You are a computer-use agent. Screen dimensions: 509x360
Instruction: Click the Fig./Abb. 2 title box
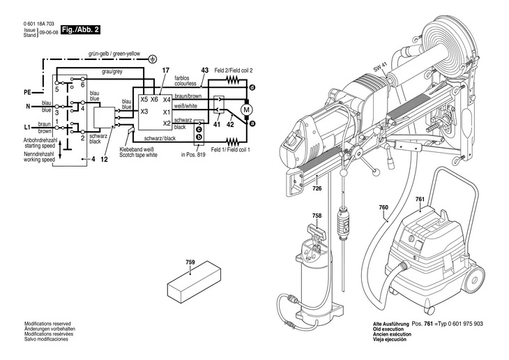[80, 29]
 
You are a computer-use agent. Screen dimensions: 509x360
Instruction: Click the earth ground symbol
[153, 59]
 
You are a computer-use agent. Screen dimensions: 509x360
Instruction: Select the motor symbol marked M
[246, 110]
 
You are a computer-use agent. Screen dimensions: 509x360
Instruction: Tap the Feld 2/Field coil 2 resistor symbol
[232, 80]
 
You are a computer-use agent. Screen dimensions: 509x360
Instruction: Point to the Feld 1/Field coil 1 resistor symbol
[232, 142]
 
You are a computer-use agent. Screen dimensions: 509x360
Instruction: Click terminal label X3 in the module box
[144, 112]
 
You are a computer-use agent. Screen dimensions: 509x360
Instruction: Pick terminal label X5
[144, 99]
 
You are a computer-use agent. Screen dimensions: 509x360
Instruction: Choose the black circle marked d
[252, 87]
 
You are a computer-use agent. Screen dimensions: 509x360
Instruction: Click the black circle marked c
[199, 129]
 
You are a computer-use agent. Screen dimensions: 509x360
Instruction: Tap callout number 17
[165, 70]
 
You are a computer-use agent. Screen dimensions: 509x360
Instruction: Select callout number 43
[204, 70]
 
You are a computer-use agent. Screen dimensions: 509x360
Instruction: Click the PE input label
[27, 93]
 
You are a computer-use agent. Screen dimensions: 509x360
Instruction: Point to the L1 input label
[27, 128]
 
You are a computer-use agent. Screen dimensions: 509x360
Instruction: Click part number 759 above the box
[190, 262]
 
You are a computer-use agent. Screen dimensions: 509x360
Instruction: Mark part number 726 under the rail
[317, 188]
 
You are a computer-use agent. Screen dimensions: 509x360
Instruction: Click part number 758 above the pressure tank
[317, 216]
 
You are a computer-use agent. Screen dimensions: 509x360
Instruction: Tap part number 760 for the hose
[383, 207]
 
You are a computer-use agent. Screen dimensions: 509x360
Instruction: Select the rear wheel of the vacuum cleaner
[475, 280]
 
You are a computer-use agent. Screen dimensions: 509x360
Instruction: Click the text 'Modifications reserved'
[47, 324]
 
